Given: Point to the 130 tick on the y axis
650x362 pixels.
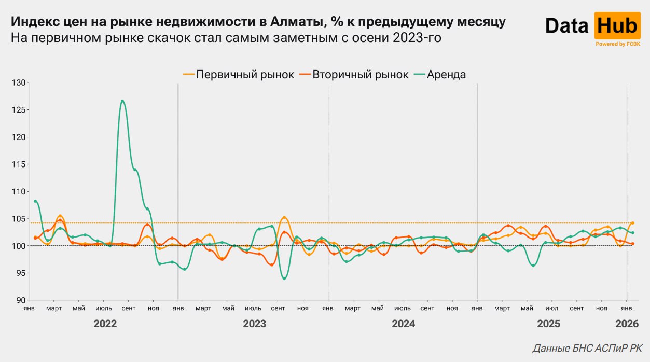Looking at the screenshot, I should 19,83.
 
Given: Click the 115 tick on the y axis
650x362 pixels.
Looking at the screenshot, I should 19,164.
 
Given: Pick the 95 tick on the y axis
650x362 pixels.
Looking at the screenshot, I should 20,273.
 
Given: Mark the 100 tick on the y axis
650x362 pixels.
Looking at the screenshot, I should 19,246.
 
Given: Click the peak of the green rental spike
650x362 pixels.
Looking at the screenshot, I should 122,101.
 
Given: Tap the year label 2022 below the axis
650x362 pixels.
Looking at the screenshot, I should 105,324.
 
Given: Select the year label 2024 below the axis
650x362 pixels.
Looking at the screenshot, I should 403,324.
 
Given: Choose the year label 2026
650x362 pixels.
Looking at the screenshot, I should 627,324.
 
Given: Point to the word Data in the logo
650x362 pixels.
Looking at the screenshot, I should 566,26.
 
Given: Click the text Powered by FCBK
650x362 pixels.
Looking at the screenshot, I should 617,44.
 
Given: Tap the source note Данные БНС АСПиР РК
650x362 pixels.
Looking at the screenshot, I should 588,348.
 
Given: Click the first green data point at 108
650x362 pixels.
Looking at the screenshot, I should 35,201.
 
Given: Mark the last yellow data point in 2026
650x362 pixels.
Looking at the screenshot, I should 632,223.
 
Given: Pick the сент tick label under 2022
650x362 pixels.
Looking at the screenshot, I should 129,309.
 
